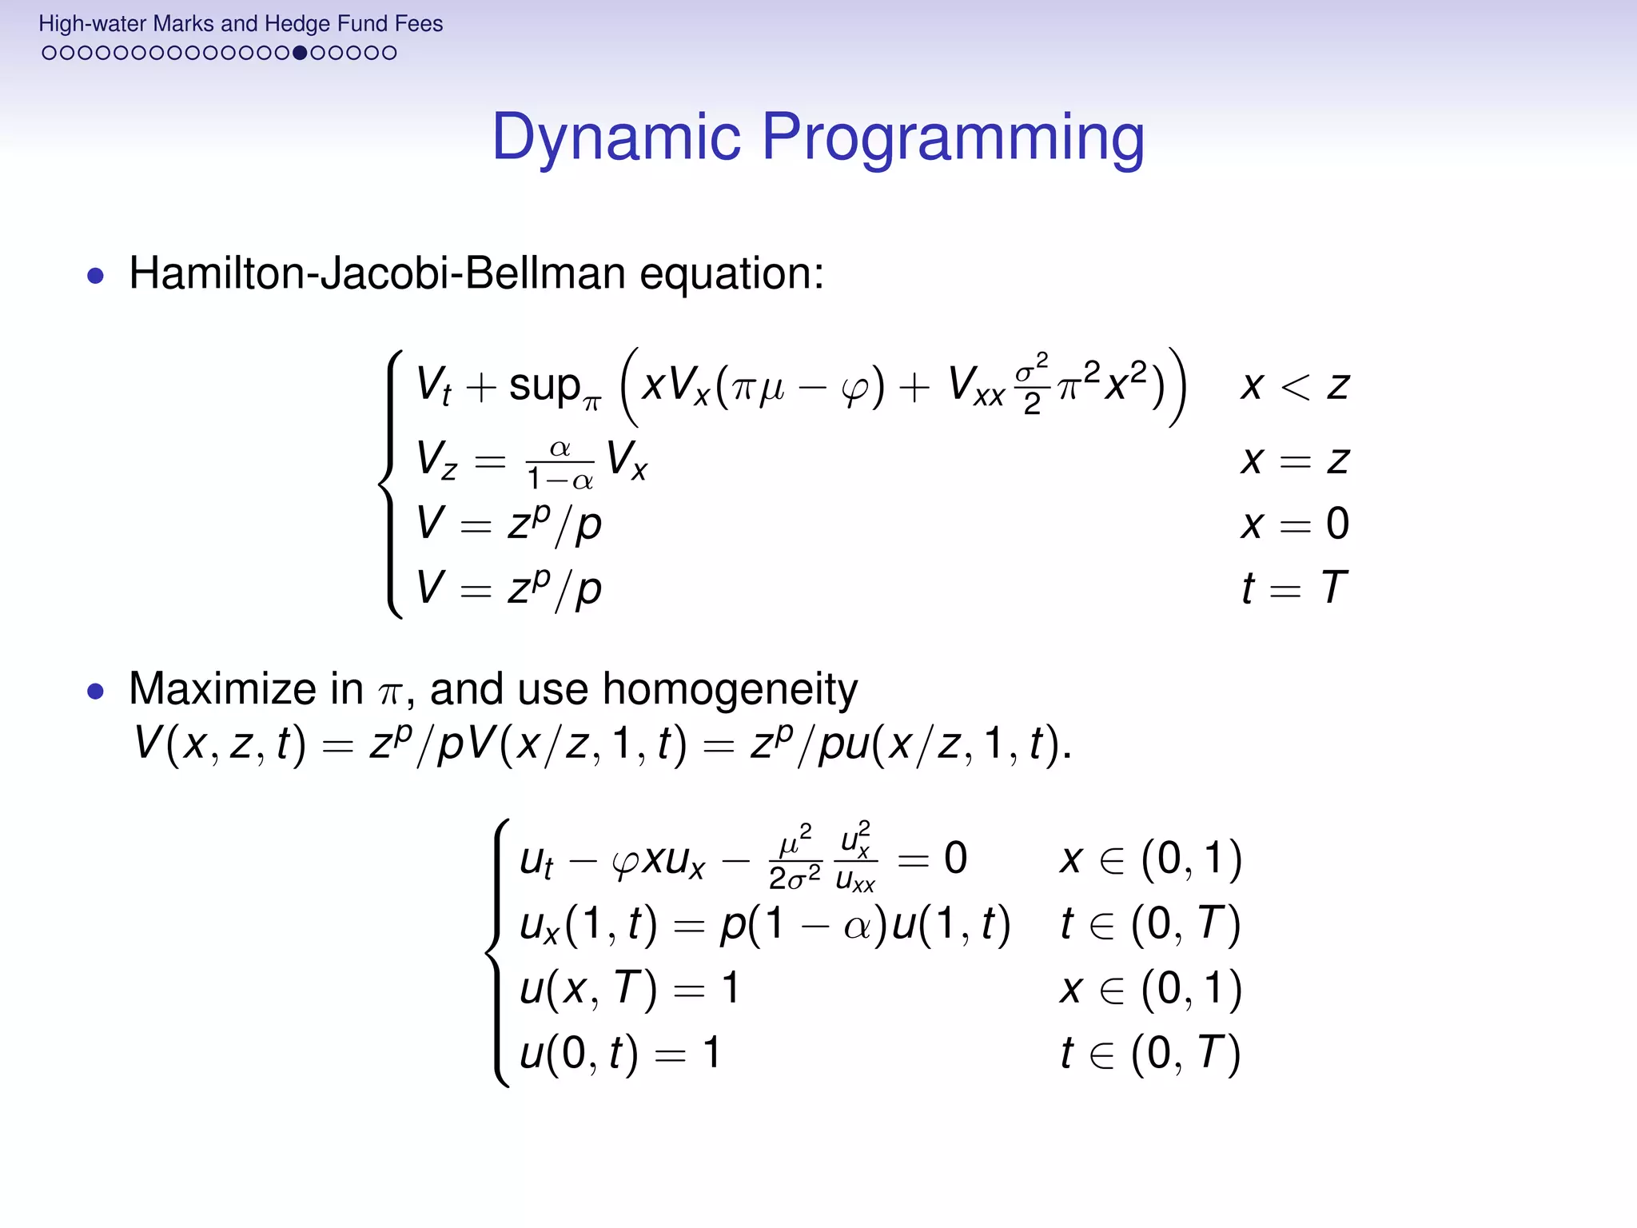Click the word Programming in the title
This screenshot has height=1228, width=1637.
[953, 138]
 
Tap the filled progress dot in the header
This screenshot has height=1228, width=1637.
[300, 53]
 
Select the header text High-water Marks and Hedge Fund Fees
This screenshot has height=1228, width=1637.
[241, 24]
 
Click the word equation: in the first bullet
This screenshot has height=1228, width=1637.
[731, 273]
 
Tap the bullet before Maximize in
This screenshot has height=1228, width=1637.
[96, 691]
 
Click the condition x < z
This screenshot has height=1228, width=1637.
[1294, 387]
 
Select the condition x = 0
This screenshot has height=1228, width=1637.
[1294, 524]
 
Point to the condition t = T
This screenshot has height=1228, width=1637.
[1294, 588]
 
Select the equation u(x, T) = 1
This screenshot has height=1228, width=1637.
[628, 988]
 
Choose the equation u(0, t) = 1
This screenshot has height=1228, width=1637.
[619, 1053]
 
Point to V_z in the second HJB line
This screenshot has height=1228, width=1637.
[436, 461]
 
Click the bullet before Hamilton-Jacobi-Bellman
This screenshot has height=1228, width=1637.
[96, 276]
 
